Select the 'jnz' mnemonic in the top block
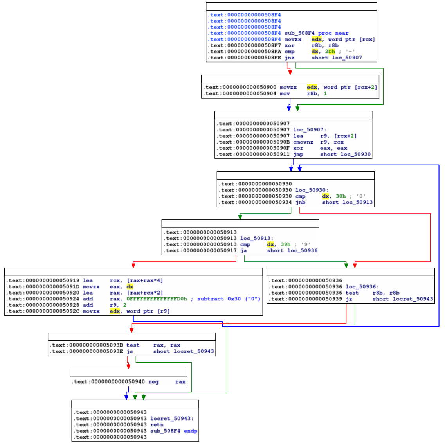coord(289,58)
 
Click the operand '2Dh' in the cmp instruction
coord(330,52)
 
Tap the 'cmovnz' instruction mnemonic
coord(303,142)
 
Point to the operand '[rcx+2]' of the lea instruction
coord(345,136)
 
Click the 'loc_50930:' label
coord(312,190)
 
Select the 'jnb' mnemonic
coord(300,202)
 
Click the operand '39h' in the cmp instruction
coord(285,244)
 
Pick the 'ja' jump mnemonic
coord(243,250)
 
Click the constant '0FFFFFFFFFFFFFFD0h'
coord(157,299)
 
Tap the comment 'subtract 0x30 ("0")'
coord(229,299)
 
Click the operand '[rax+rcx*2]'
coord(145,293)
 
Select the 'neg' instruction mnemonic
coord(153,382)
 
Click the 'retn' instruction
coord(157,424)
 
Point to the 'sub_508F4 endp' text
coord(174,431)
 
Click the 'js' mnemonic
coord(130,351)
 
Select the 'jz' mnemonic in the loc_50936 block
coord(348,299)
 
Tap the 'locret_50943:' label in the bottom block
coord(172,419)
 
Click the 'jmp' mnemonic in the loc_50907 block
coord(298,154)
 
